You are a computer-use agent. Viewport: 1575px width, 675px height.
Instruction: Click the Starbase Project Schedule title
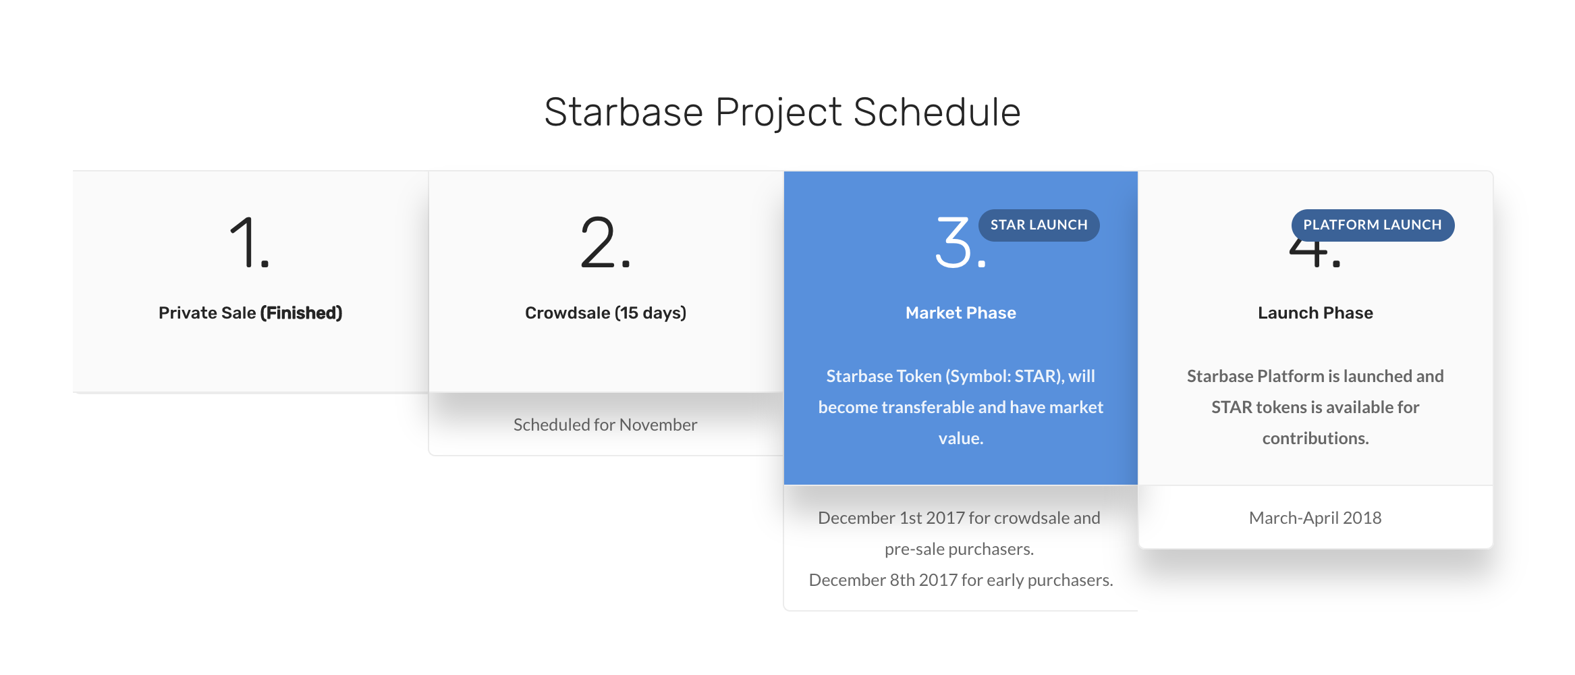[782, 113]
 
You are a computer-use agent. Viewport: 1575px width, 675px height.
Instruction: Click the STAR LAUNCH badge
[1039, 225]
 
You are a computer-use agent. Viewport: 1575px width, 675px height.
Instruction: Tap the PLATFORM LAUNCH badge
[1373, 225]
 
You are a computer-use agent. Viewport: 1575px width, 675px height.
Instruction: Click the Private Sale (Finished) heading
[250, 313]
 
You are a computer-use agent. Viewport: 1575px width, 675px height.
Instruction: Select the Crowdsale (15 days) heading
[605, 313]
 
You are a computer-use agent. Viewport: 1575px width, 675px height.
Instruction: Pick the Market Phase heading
[961, 313]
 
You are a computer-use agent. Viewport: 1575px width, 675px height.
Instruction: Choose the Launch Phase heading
[1315, 313]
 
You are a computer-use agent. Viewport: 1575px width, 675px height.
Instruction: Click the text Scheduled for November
[605, 425]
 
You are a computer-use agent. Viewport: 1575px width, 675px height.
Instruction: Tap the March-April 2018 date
[1315, 518]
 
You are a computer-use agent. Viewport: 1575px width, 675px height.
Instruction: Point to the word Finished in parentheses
[301, 313]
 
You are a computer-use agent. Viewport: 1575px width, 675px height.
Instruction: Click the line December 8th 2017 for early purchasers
[961, 580]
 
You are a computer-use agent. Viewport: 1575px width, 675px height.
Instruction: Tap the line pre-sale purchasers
[959, 549]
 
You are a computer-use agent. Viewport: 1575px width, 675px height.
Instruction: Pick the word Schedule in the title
[937, 112]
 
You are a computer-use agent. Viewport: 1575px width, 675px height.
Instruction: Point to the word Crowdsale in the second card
[568, 313]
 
